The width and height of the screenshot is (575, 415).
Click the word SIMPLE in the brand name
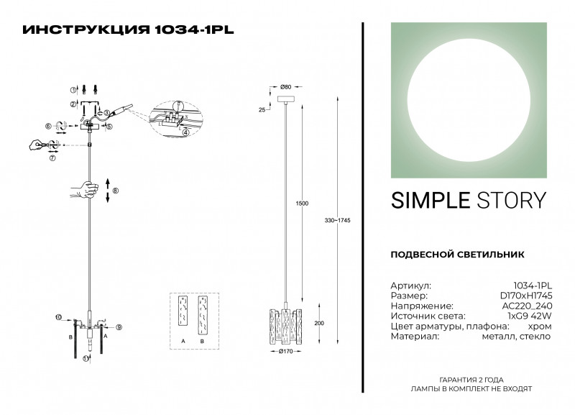click(x=429, y=201)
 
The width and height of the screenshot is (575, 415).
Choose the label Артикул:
click(x=410, y=286)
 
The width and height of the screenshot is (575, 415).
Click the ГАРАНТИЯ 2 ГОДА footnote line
click(x=471, y=379)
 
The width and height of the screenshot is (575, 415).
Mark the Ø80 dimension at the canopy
click(x=285, y=87)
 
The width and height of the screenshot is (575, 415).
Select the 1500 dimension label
click(x=303, y=204)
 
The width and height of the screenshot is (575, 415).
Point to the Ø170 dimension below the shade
click(x=286, y=352)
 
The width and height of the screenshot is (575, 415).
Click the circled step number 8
click(x=115, y=191)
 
